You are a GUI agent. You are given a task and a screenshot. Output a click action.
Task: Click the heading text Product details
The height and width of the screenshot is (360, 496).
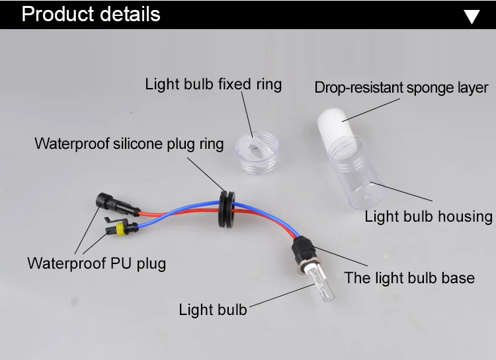click(91, 14)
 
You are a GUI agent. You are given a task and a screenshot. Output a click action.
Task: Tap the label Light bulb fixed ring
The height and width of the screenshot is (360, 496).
click(213, 84)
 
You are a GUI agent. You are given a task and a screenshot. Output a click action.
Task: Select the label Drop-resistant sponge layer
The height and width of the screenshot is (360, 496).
click(401, 87)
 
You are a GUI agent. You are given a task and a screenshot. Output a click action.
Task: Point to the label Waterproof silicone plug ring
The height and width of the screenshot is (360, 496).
click(129, 144)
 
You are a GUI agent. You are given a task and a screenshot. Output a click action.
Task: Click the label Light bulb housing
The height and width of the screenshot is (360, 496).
click(428, 216)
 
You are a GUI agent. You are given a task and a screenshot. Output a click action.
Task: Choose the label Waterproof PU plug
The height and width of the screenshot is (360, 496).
click(97, 263)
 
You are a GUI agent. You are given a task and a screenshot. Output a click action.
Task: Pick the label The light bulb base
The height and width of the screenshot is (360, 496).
click(409, 277)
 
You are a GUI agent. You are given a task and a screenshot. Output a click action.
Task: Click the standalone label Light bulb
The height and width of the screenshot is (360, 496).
click(212, 309)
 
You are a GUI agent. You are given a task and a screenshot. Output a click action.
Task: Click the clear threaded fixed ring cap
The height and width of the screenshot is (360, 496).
click(255, 149)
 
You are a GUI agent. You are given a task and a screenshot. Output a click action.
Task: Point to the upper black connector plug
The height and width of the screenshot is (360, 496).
click(106, 201)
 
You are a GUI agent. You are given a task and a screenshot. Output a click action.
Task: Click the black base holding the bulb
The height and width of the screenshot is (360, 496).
click(302, 254)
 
